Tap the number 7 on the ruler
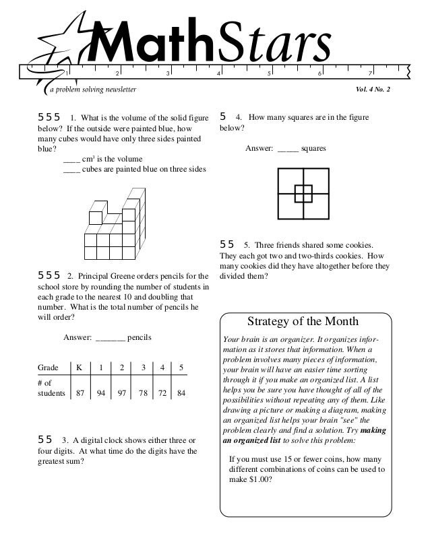pyautogui.click(x=370, y=73)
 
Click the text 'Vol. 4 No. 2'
pyautogui.click(x=382, y=90)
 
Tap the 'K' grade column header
pyautogui.click(x=80, y=368)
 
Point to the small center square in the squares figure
pyautogui.click(x=303, y=194)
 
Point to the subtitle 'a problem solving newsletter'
pyautogui.click(x=92, y=90)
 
